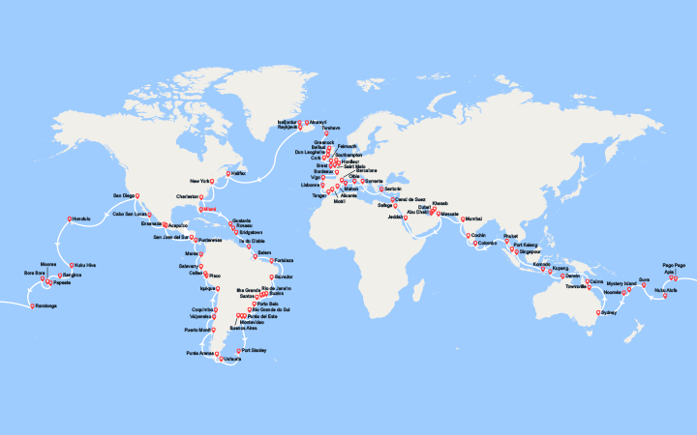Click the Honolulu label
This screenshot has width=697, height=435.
pyautogui.click(x=81, y=218)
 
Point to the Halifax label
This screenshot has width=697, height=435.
pyautogui.click(x=239, y=173)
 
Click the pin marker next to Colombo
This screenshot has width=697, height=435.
pyautogui.click(x=471, y=244)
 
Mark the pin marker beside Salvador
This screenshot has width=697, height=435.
pyautogui.click(x=273, y=276)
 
